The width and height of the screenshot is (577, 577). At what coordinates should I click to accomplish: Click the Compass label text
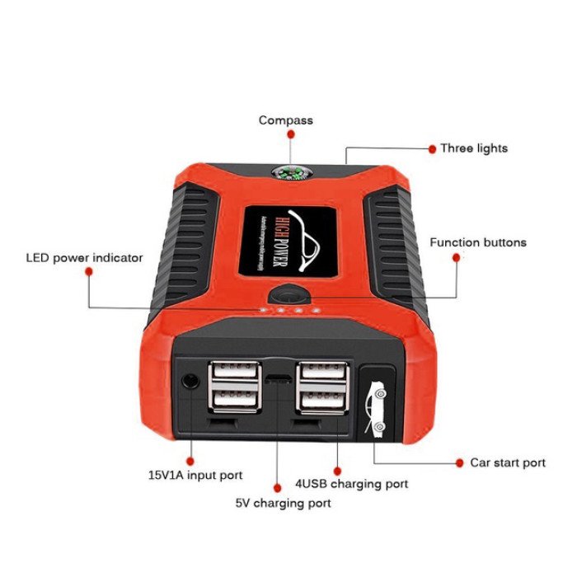tap(285, 120)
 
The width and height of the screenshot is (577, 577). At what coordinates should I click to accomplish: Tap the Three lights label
tap(473, 148)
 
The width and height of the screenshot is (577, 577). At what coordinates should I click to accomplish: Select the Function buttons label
tap(477, 242)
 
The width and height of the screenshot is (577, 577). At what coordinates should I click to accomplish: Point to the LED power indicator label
tap(83, 258)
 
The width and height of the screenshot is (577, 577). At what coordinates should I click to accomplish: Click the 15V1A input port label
tap(195, 476)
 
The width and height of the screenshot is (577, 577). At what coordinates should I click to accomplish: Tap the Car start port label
tap(507, 463)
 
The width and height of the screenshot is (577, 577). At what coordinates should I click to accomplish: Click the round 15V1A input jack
tap(190, 381)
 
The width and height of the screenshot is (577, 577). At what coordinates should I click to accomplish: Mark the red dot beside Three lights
tap(431, 149)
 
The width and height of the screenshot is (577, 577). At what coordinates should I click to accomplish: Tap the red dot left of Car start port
tap(459, 462)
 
